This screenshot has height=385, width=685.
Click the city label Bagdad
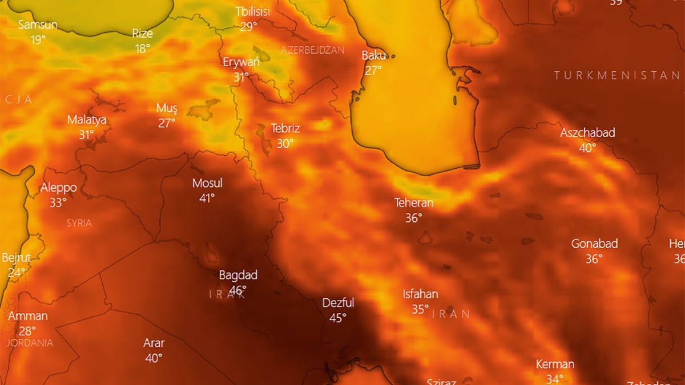click(x=238, y=275)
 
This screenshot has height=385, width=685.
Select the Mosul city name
click(x=207, y=183)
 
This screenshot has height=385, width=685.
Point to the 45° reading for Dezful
click(x=337, y=318)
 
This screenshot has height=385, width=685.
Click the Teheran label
click(x=414, y=202)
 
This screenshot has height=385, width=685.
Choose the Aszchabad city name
click(x=587, y=132)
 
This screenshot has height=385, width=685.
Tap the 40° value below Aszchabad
click(x=587, y=147)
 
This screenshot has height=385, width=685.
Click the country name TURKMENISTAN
click(x=616, y=75)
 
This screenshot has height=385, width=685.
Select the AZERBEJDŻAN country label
click(x=312, y=50)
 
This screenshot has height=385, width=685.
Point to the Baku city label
click(x=374, y=55)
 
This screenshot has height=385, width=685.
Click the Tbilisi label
click(x=252, y=11)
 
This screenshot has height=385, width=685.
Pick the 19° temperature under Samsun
click(x=38, y=39)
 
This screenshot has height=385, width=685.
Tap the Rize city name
click(x=142, y=33)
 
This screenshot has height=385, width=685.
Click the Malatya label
click(x=87, y=120)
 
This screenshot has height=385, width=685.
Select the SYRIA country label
click(x=79, y=223)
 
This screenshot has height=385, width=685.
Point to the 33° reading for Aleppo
click(x=58, y=202)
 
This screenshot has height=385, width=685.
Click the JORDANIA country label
click(x=30, y=343)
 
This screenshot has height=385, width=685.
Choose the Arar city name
click(x=154, y=343)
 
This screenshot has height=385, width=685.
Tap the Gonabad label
click(x=594, y=244)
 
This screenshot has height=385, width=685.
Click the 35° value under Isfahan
click(x=420, y=309)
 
